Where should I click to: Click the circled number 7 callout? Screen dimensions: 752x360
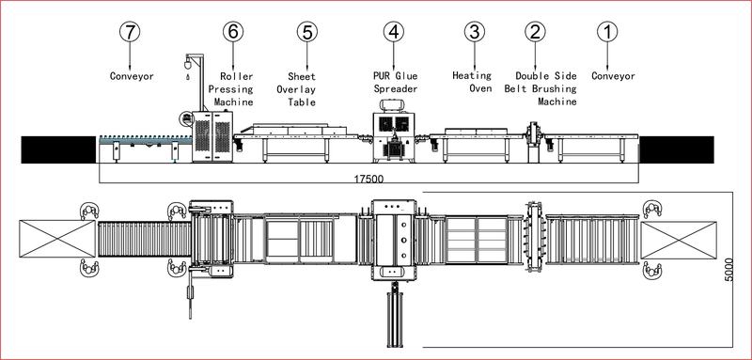click(x=130, y=32)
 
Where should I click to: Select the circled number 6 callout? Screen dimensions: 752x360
click(x=233, y=32)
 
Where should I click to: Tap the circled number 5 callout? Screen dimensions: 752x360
click(x=307, y=32)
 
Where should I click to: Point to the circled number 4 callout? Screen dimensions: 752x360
click(x=394, y=32)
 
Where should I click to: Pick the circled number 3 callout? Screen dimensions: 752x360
click(x=475, y=32)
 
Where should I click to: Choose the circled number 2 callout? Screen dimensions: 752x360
click(x=535, y=32)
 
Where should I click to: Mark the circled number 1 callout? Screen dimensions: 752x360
click(x=607, y=32)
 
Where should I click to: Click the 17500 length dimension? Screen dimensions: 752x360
click(x=368, y=180)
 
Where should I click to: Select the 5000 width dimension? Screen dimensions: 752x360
click(x=729, y=270)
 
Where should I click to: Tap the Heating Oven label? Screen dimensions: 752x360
click(x=473, y=82)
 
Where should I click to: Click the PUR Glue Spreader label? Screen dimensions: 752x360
click(x=396, y=83)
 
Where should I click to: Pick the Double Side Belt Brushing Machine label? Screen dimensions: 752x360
click(x=540, y=88)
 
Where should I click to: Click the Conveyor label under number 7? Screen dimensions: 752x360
click(x=132, y=76)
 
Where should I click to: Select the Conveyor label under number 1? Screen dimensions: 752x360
click(x=614, y=76)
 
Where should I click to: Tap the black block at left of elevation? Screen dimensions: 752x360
click(x=58, y=149)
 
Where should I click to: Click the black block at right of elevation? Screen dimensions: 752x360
click(x=677, y=149)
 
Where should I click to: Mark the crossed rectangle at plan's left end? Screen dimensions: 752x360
click(x=57, y=239)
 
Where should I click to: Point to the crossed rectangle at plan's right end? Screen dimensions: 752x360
click(x=679, y=240)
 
